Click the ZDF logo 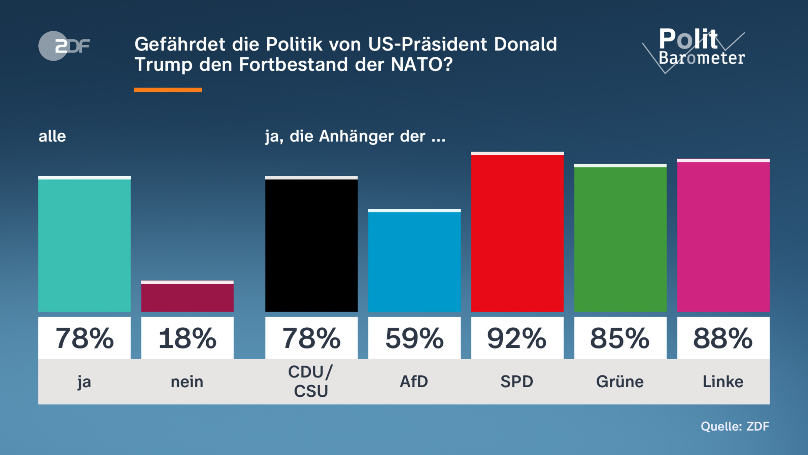pyautogui.click(x=64, y=46)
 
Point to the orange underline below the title pyautogui.click(x=168, y=90)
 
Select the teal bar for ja pyautogui.click(x=85, y=244)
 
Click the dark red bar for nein pyautogui.click(x=187, y=297)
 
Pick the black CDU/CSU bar pyautogui.click(x=311, y=244)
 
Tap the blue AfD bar pyautogui.click(x=414, y=261)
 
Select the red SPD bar pyautogui.click(x=517, y=233)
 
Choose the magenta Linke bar pyautogui.click(x=723, y=236)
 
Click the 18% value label pyautogui.click(x=187, y=338)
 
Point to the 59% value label pyautogui.click(x=414, y=338)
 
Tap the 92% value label pyautogui.click(x=517, y=338)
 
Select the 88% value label pyautogui.click(x=723, y=338)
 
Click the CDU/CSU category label pyautogui.click(x=311, y=382)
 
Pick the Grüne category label pyautogui.click(x=620, y=382)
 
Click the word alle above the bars pyautogui.click(x=52, y=136)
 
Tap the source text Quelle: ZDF pyautogui.click(x=735, y=426)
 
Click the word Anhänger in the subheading pyautogui.click(x=356, y=136)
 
